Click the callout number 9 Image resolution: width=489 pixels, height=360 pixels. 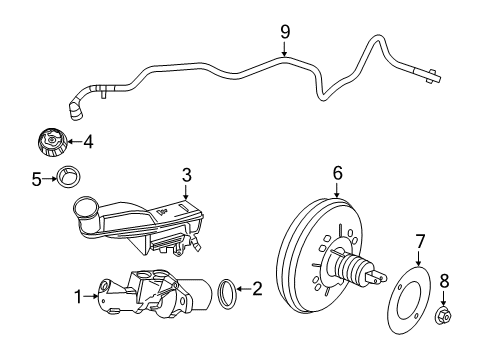tap(285, 32)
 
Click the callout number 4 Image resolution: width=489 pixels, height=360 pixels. tap(88, 141)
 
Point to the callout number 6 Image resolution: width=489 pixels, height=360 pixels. tap(337, 174)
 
